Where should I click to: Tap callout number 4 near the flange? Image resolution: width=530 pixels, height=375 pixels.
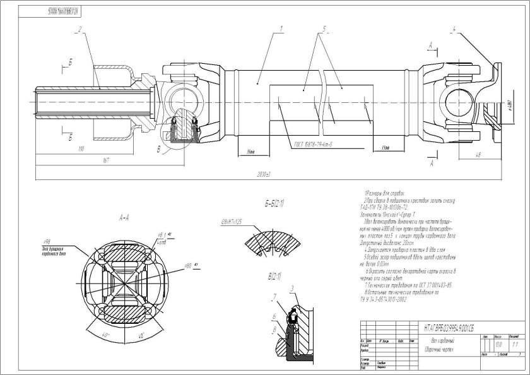click(453, 28)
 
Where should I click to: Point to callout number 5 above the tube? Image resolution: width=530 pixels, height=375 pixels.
click(323, 28)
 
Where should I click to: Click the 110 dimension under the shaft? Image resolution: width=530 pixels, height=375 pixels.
click(81, 149)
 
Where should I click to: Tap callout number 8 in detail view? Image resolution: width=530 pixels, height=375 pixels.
click(274, 329)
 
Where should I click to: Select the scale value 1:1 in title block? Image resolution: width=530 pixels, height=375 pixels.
click(514, 345)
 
